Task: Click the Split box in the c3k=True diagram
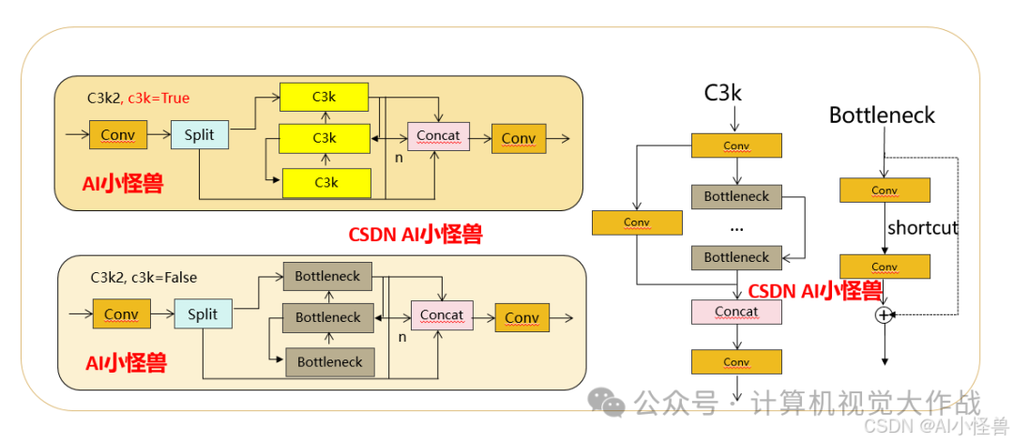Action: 199,135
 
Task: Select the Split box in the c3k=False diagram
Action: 203,314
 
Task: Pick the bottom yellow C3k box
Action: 325,182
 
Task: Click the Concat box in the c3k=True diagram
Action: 438,136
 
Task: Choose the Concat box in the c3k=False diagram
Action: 442,314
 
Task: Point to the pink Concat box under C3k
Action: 736,312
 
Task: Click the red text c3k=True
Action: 159,98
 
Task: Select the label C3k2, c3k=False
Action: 144,278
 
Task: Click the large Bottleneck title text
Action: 882,115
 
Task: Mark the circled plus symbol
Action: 883,315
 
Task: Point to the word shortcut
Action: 923,227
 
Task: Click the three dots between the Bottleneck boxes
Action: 736,228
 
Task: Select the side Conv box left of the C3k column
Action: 636,222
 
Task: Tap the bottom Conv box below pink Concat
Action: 736,362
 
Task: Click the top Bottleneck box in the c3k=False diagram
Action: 327,277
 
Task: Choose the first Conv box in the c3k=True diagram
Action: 117,135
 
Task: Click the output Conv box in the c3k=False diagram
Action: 522,317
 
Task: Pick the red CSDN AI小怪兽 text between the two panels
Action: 415,235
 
